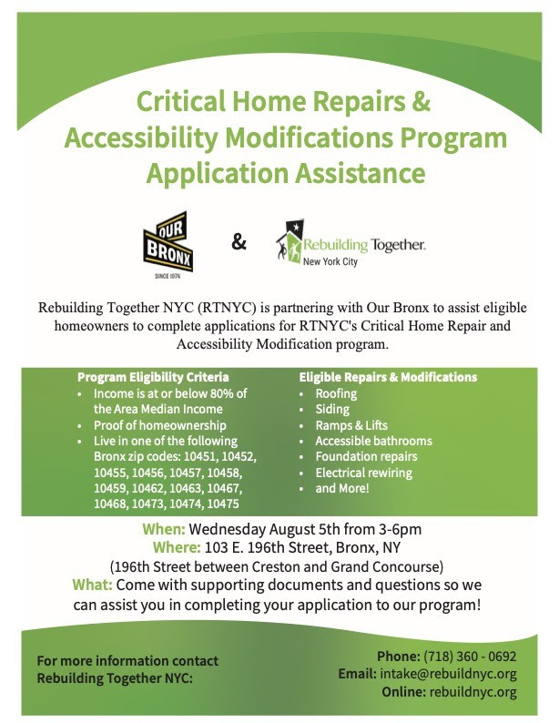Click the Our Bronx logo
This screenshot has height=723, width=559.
pos(168,244)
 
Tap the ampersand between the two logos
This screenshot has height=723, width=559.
pos(239,241)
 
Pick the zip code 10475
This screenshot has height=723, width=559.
pos(223,504)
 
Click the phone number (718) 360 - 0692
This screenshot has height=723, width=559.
pos(470,657)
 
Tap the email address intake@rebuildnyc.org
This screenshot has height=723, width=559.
pos(448,674)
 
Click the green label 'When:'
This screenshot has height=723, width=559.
pos(164,529)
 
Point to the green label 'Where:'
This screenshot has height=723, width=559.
pos(177,547)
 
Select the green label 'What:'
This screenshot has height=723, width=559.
pos(92,585)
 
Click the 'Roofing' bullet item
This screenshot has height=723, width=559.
pos(336,393)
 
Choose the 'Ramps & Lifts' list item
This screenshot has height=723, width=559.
pos(351,425)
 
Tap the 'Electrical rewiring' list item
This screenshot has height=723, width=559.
pos(363,473)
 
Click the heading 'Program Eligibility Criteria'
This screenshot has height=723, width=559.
pos(153,377)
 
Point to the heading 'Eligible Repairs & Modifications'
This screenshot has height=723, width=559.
pos(388,377)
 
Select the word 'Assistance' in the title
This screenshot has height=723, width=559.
pos(360,173)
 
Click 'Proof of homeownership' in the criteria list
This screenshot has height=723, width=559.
pos(160,425)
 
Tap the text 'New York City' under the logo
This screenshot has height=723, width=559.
pos(330,261)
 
